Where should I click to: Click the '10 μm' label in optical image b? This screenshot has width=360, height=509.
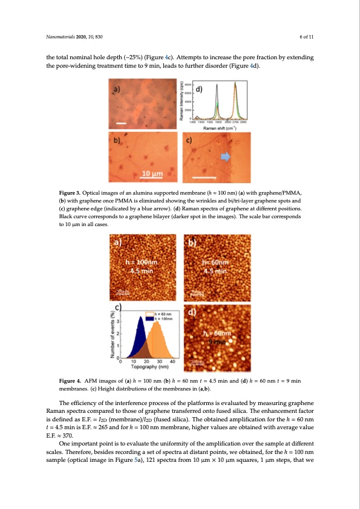pos(151,174)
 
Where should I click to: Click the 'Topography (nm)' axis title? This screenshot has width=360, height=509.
pos(148,366)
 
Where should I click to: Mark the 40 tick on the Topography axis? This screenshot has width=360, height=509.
pos(174,361)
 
